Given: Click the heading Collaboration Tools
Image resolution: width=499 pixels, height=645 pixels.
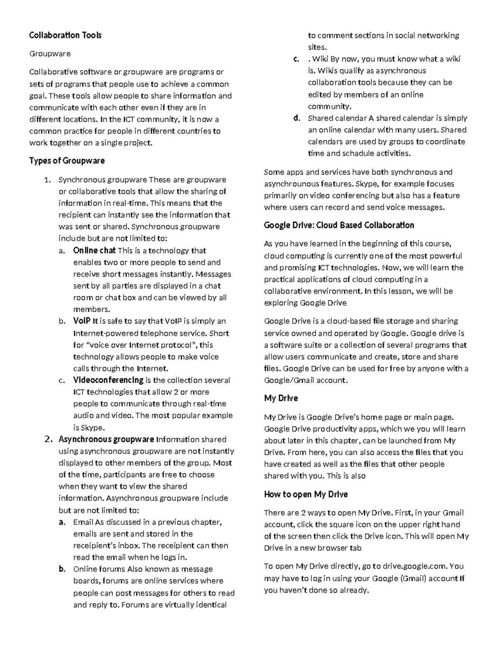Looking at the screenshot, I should click(65, 35).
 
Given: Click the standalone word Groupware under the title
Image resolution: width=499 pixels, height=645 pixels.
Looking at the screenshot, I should click(50, 54).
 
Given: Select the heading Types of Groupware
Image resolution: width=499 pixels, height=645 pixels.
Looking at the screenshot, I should click(67, 161).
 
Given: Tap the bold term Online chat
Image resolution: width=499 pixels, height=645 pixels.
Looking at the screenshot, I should click(94, 250).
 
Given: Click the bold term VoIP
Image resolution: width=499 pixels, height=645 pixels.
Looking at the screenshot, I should click(82, 321).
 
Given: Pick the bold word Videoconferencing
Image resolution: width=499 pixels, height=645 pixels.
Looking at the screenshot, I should click(108, 380).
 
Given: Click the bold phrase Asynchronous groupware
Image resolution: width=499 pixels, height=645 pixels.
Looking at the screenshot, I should click(106, 439).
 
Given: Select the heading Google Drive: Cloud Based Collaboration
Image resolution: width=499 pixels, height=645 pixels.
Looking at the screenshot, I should click(339, 225).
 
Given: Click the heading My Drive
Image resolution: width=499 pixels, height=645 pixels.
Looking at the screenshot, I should click(281, 398).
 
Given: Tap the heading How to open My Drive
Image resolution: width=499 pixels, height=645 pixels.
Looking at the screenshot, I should click(306, 494).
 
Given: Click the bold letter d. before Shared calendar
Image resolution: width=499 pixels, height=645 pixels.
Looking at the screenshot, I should click(296, 118).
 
